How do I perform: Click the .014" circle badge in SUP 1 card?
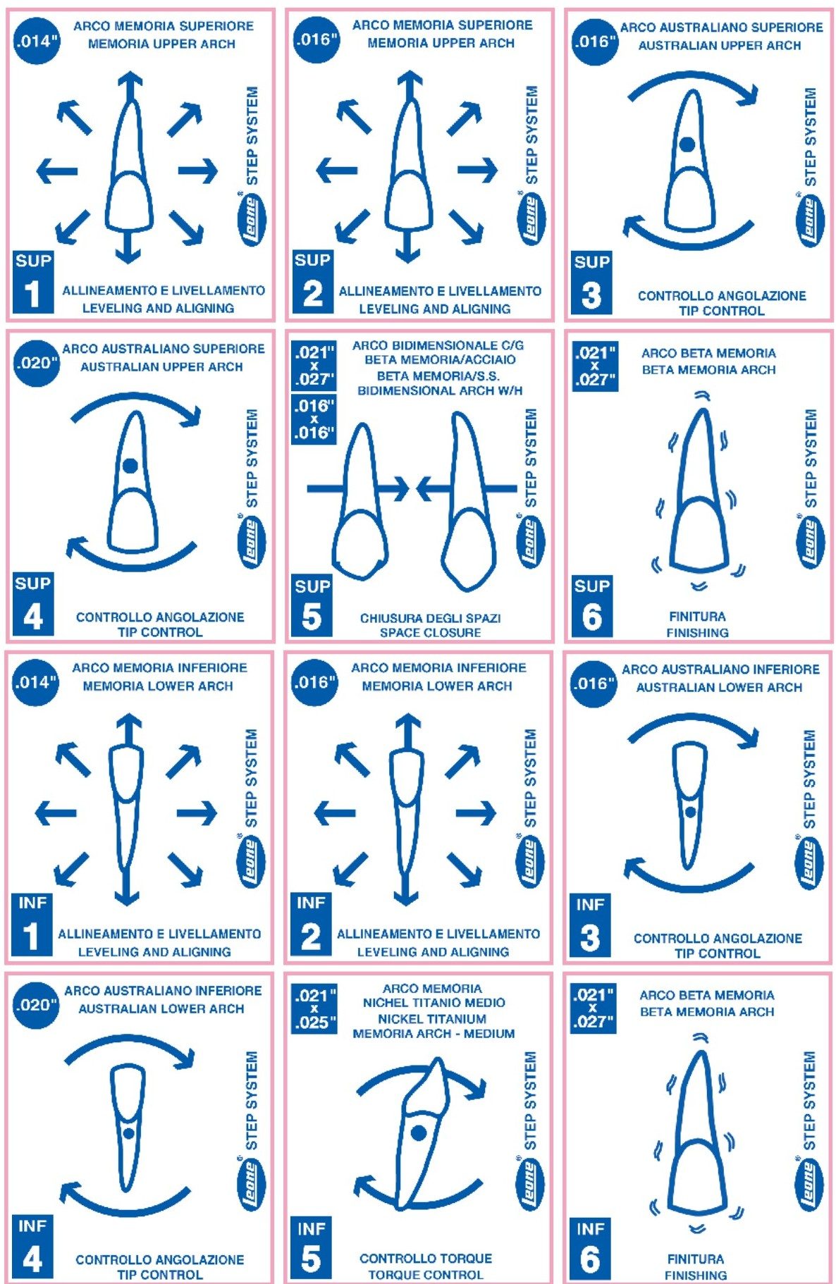click(x=36, y=41)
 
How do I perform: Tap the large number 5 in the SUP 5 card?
click(x=312, y=616)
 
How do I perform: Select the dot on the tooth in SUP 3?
click(x=687, y=144)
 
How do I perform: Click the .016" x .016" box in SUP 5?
click(x=314, y=419)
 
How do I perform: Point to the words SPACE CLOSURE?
click(x=430, y=633)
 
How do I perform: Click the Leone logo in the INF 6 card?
click(x=808, y=1186)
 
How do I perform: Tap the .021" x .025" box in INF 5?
click(x=314, y=1008)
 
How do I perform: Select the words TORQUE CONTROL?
click(x=426, y=1275)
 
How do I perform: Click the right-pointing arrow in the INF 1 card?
click(x=197, y=813)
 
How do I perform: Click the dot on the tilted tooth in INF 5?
click(x=419, y=1132)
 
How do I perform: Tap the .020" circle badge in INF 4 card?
click(x=36, y=1005)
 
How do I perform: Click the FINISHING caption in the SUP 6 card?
click(x=697, y=633)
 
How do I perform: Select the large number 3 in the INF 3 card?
click(x=590, y=937)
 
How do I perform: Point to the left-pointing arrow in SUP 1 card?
click(x=57, y=170)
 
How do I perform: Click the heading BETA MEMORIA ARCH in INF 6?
click(x=707, y=1011)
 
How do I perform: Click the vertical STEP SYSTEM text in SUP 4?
click(x=251, y=458)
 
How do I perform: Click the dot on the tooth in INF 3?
click(x=690, y=811)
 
